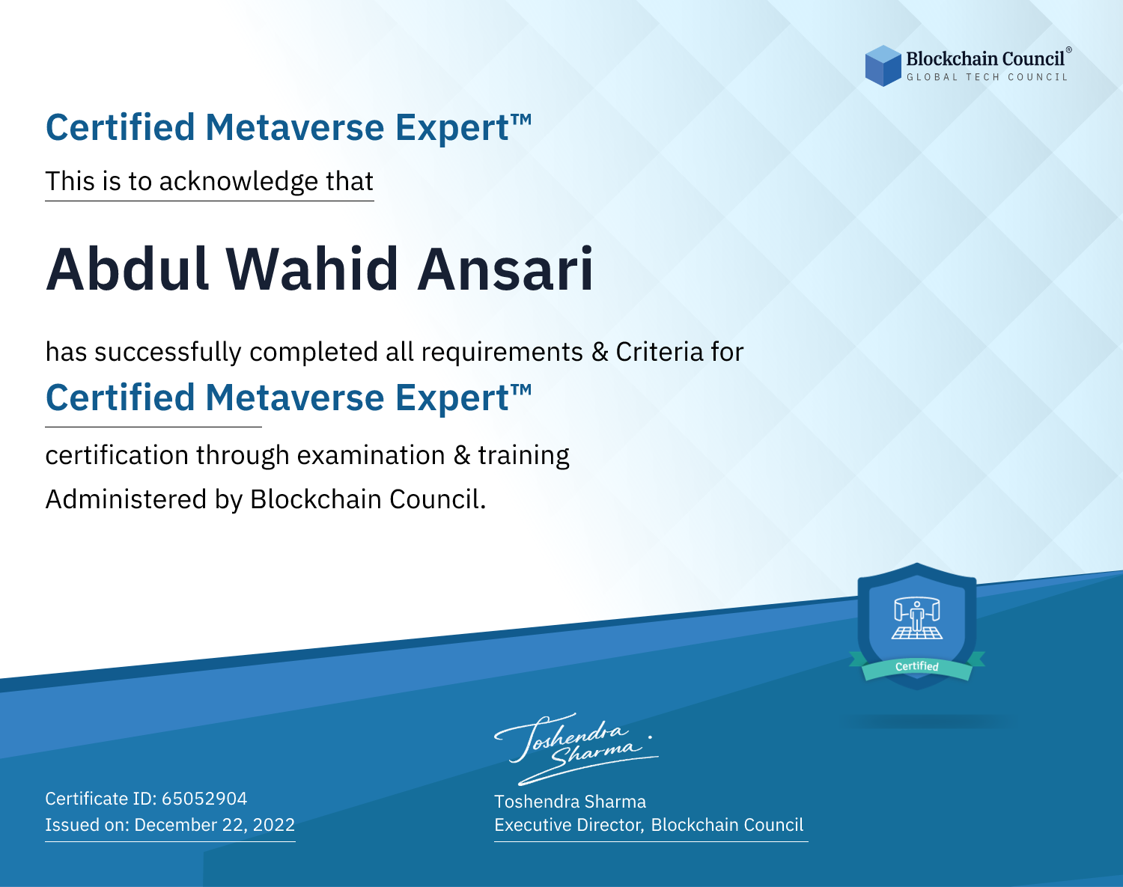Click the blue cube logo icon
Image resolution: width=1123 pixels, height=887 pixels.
click(883, 66)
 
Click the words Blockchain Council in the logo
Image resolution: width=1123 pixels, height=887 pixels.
click(985, 59)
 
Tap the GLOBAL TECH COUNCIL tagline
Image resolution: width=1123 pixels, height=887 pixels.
click(987, 77)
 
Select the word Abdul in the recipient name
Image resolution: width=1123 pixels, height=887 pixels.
click(128, 269)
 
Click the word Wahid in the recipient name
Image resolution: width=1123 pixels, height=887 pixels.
click(312, 269)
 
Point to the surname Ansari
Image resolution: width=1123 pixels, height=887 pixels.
click(505, 269)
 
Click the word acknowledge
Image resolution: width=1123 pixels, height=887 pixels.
click(239, 182)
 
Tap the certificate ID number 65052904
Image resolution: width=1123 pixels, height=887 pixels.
click(204, 798)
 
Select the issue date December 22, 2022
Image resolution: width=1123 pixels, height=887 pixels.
click(214, 825)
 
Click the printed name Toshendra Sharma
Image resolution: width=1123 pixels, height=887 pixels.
click(570, 802)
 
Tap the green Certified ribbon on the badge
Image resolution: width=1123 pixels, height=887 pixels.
click(917, 666)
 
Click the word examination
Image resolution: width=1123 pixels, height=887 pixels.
click(371, 455)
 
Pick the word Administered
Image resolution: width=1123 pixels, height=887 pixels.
click(126, 499)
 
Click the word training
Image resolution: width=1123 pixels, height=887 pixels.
click(523, 456)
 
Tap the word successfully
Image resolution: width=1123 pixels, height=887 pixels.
click(168, 353)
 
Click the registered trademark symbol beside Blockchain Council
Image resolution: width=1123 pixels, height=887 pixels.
click(1068, 50)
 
